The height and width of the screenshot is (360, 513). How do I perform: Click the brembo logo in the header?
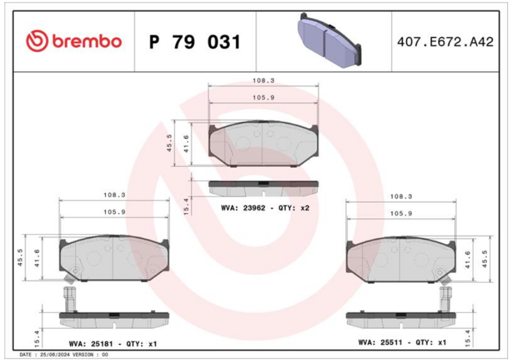pos(73,42)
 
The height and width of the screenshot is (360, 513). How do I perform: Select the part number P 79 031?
pos(194,42)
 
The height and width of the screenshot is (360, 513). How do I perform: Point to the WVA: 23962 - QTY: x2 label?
pos(265,208)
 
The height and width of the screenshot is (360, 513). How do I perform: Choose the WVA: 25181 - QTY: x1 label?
pos(112,344)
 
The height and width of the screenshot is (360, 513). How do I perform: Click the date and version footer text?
pos(64,355)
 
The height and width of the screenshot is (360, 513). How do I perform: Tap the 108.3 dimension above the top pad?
pos(263,81)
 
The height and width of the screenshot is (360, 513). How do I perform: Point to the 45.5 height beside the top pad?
pos(169,142)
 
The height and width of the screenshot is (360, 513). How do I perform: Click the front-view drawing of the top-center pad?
pos(264,145)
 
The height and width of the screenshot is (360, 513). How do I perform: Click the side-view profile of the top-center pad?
pos(264,187)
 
